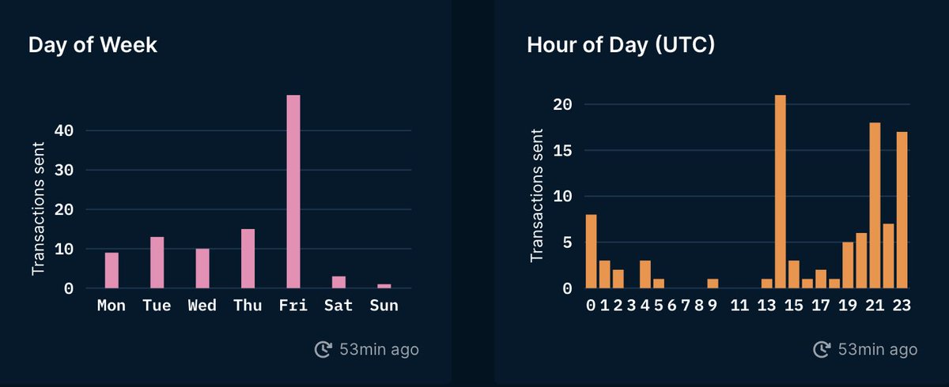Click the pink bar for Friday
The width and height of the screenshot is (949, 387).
tap(293, 192)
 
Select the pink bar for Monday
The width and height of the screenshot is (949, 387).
tap(112, 270)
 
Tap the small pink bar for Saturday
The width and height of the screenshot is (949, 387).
tap(338, 282)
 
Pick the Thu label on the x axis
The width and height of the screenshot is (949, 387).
tap(248, 306)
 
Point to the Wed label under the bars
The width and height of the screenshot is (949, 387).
tap(202, 306)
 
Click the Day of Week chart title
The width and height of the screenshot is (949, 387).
tap(93, 45)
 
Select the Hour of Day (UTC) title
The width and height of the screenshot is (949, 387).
tap(621, 45)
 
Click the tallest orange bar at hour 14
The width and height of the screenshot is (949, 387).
tap(781, 192)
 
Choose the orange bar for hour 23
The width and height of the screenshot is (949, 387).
tap(902, 210)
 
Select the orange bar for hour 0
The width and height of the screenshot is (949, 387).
tap(592, 251)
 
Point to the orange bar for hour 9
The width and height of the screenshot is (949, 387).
tap(713, 284)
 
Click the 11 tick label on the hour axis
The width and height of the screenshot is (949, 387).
tap(739, 306)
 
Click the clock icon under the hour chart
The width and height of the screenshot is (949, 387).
tap(822, 349)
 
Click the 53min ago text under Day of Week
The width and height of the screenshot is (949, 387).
tap(379, 349)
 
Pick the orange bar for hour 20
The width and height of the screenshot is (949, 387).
tap(861, 261)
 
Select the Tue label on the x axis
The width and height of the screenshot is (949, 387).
tap(157, 306)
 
